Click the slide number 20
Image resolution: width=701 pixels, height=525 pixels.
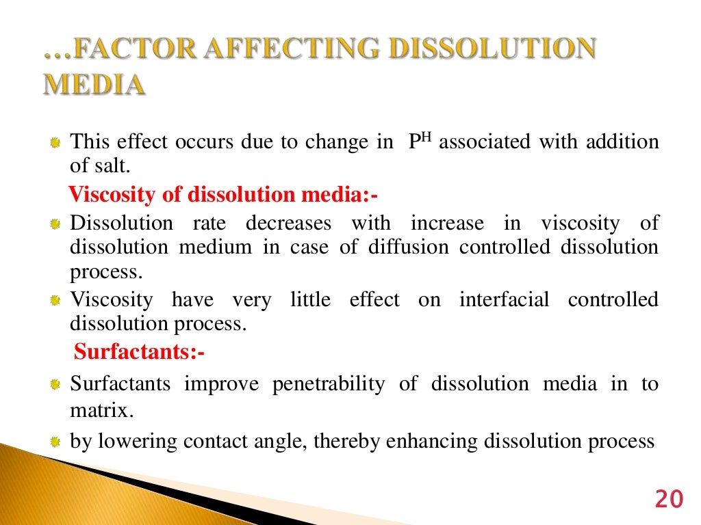point(668,500)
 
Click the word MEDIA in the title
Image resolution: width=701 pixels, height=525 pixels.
point(94,85)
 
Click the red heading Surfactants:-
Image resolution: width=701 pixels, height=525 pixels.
point(140,352)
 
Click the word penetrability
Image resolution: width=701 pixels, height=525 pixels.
point(329,383)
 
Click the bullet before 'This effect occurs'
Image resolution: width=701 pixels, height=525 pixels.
point(55,143)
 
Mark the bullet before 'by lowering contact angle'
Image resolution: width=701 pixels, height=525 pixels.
point(55,442)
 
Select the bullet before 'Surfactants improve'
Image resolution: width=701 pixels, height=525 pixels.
point(55,384)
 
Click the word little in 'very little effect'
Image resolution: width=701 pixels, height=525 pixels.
point(309,299)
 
